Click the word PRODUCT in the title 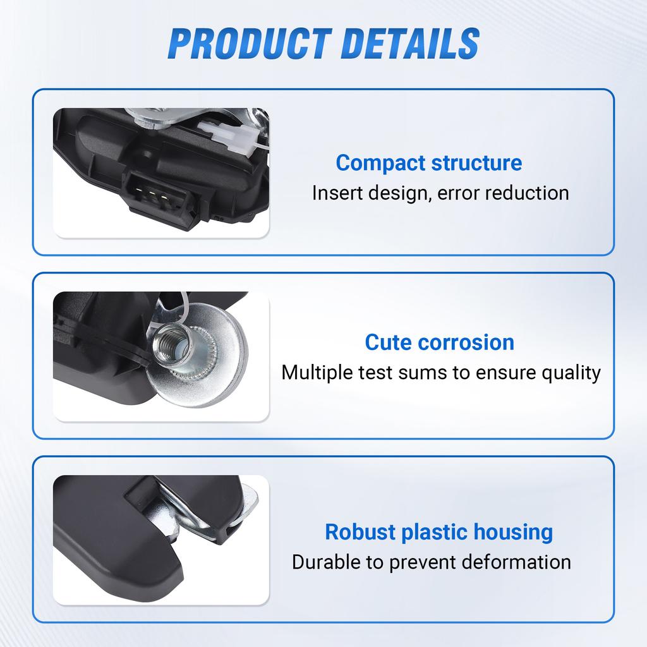pyautogui.click(x=243, y=43)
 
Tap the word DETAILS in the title pyautogui.click(x=402, y=43)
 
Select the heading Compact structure pyautogui.click(x=429, y=163)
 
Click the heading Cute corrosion pyautogui.click(x=440, y=342)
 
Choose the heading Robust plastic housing pyautogui.click(x=438, y=532)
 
